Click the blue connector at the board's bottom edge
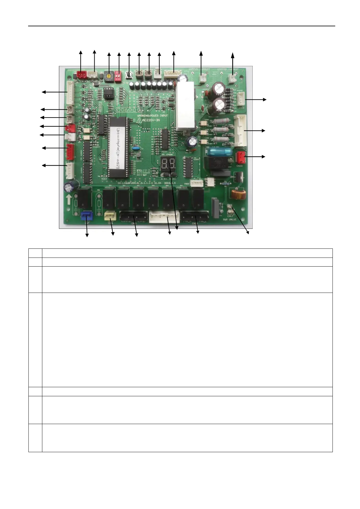coord(86,216)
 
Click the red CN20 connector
coord(240,157)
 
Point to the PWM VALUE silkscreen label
coord(230,219)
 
